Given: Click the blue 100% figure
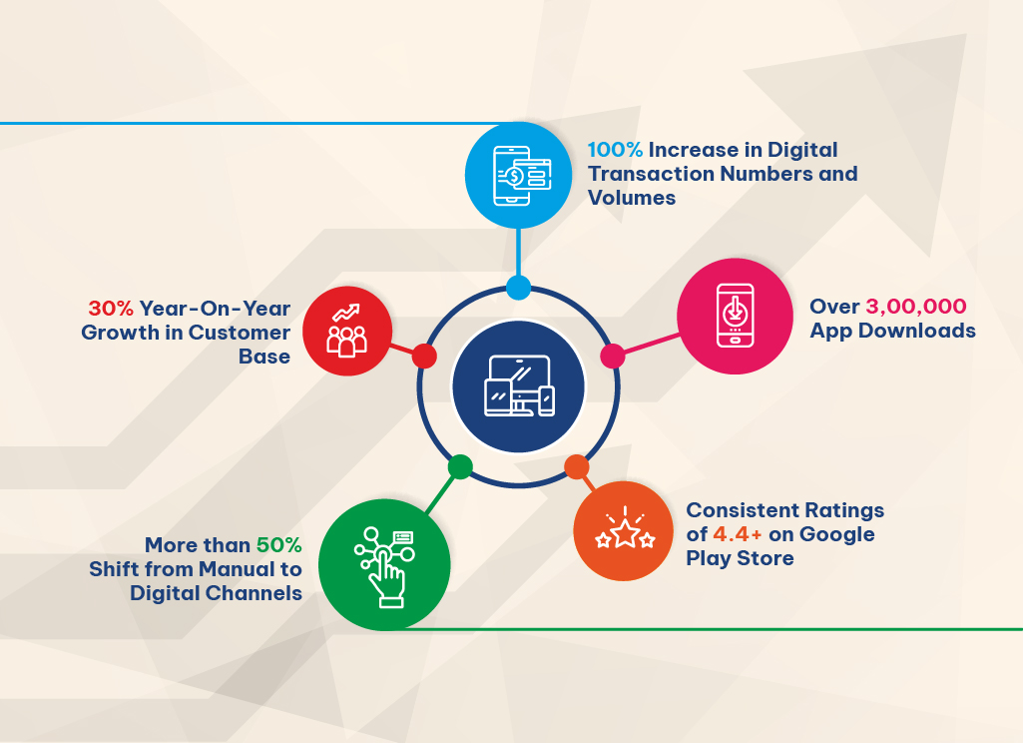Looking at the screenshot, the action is (615, 150).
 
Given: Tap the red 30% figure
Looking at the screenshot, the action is (111, 309).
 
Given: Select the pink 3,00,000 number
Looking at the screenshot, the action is (916, 307).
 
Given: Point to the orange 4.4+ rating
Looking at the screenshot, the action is (738, 534).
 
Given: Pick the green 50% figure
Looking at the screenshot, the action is (279, 544).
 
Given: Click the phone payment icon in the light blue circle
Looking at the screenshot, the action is (522, 176).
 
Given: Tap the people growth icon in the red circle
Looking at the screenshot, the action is (346, 331).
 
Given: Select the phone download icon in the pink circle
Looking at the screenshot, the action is (736, 316).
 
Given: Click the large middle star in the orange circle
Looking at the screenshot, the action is (625, 532).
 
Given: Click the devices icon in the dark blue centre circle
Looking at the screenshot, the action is (519, 385).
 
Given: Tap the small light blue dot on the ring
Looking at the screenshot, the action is (519, 288).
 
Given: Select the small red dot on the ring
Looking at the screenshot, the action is (424, 356).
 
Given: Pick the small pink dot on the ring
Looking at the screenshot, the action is (613, 356).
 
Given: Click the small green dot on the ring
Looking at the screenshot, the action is (460, 466).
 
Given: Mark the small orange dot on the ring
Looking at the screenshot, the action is (577, 466).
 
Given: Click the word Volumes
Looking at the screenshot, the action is (632, 198).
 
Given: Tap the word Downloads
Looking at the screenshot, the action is (916, 331).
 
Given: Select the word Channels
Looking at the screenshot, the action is (252, 593).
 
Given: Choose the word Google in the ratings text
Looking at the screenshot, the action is (837, 534).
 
